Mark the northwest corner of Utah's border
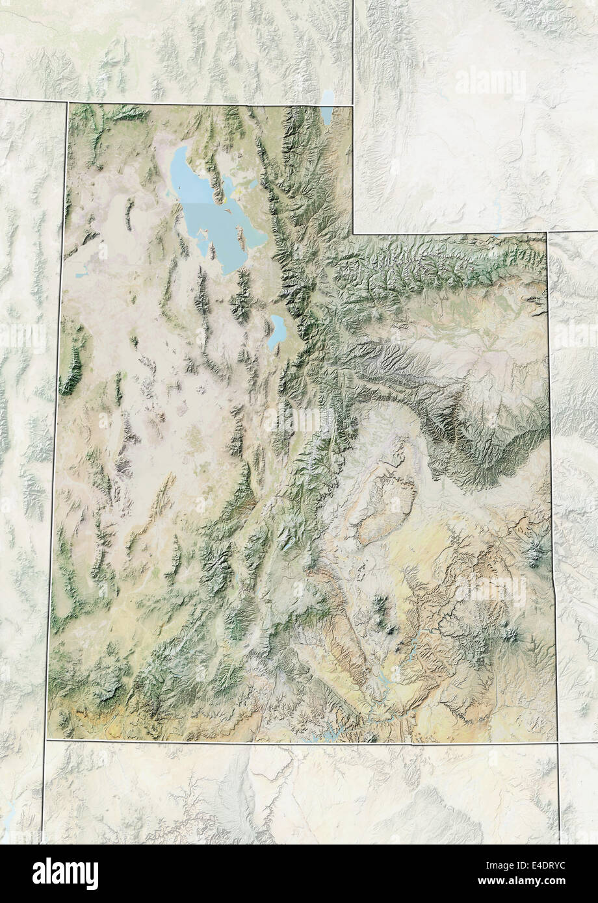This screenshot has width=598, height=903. (67, 103)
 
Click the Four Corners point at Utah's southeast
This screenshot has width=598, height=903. (557, 742)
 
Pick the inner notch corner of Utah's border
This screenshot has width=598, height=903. (353, 233)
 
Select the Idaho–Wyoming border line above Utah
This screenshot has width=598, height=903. (353, 45)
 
